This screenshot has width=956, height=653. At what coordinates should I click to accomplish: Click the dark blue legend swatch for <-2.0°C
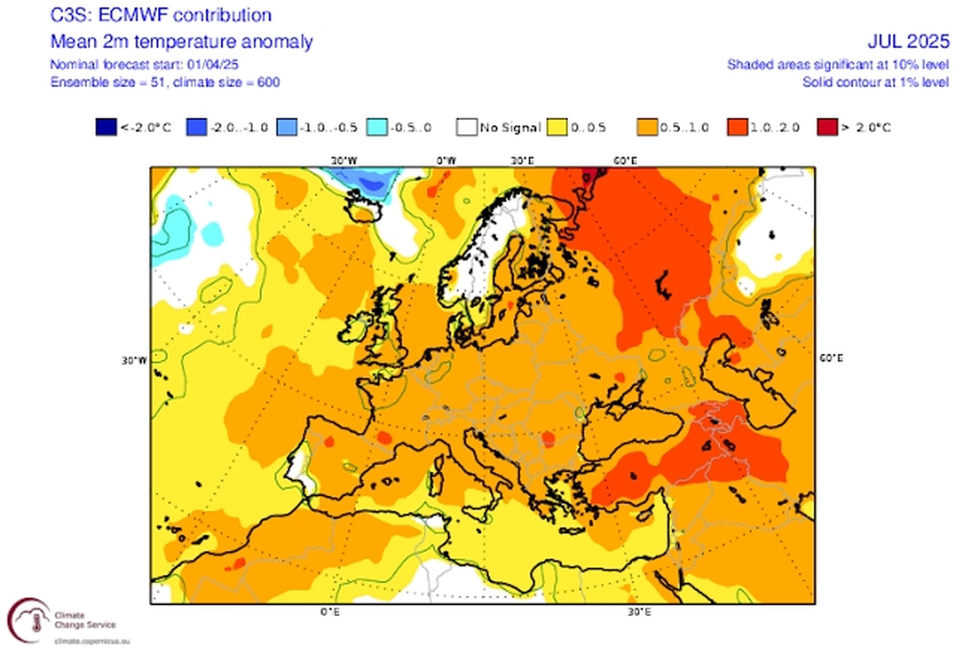click(106, 128)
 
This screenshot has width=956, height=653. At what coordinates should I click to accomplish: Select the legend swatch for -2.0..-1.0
click(196, 128)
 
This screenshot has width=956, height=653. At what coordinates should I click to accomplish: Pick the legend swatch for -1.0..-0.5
click(287, 128)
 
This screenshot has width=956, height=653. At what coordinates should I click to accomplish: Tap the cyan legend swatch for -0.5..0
click(377, 128)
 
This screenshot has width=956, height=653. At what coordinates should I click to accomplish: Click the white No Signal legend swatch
click(467, 128)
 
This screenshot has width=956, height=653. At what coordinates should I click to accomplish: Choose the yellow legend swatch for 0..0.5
click(557, 128)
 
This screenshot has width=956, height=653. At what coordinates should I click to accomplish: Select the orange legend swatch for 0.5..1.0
click(647, 128)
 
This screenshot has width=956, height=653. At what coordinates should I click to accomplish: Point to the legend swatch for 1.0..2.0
click(737, 128)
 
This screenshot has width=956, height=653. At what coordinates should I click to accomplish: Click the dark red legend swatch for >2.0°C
click(827, 128)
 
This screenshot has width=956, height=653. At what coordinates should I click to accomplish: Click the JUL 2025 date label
click(908, 42)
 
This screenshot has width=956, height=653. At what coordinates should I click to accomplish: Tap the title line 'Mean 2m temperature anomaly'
click(182, 42)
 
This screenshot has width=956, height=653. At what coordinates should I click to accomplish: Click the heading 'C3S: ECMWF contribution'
click(161, 15)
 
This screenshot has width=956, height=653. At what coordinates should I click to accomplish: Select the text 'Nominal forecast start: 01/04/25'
click(144, 65)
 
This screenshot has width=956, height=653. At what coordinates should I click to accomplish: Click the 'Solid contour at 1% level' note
click(875, 82)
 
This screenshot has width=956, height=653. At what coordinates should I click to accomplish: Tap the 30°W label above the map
click(344, 161)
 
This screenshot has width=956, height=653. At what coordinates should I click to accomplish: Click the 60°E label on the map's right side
click(831, 358)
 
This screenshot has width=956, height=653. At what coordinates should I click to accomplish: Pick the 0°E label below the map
click(330, 612)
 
